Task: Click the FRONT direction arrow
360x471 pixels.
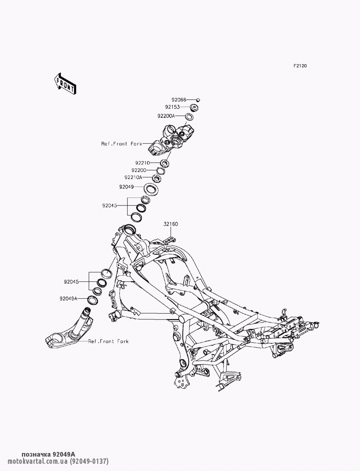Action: click(x=65, y=83)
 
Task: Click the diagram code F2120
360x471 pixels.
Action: click(x=300, y=66)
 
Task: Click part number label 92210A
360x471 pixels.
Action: click(x=133, y=177)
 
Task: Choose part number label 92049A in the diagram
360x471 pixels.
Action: click(x=69, y=298)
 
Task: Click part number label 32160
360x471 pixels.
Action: click(x=171, y=224)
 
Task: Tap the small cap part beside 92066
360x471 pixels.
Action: click(x=198, y=100)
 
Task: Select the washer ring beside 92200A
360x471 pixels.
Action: click(x=189, y=116)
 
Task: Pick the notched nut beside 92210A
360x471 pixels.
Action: click(x=157, y=178)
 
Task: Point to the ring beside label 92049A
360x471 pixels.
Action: click(x=93, y=299)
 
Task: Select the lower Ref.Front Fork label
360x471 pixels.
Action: click(x=108, y=341)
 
